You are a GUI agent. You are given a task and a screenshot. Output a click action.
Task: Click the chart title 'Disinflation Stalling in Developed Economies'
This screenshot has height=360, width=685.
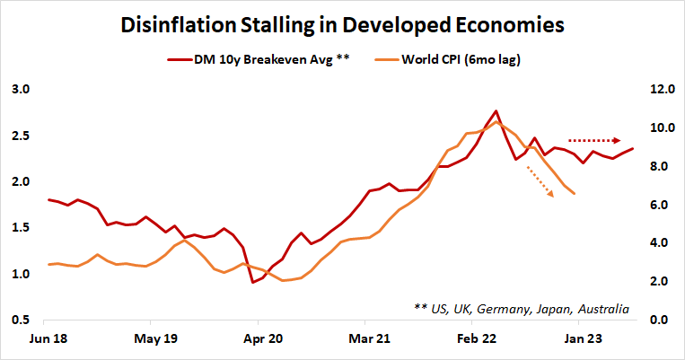pos(342,24)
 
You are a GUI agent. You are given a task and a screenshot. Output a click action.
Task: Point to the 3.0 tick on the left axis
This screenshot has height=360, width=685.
pos(21,90)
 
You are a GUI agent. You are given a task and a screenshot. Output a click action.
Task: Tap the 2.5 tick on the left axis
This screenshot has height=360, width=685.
pos(21,136)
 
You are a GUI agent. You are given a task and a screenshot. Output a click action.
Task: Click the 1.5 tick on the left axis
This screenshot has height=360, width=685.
pos(21,228)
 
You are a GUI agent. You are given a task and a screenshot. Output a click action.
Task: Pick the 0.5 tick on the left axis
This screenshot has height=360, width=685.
pos(21,320)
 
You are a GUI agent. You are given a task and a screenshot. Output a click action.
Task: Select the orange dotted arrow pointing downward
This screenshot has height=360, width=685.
pos(540,184)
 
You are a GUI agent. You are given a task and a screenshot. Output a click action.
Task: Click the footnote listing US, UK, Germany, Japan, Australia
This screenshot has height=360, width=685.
pos(522,308)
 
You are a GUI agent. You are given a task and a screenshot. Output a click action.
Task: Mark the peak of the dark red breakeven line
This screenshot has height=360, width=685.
pos(496,110)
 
